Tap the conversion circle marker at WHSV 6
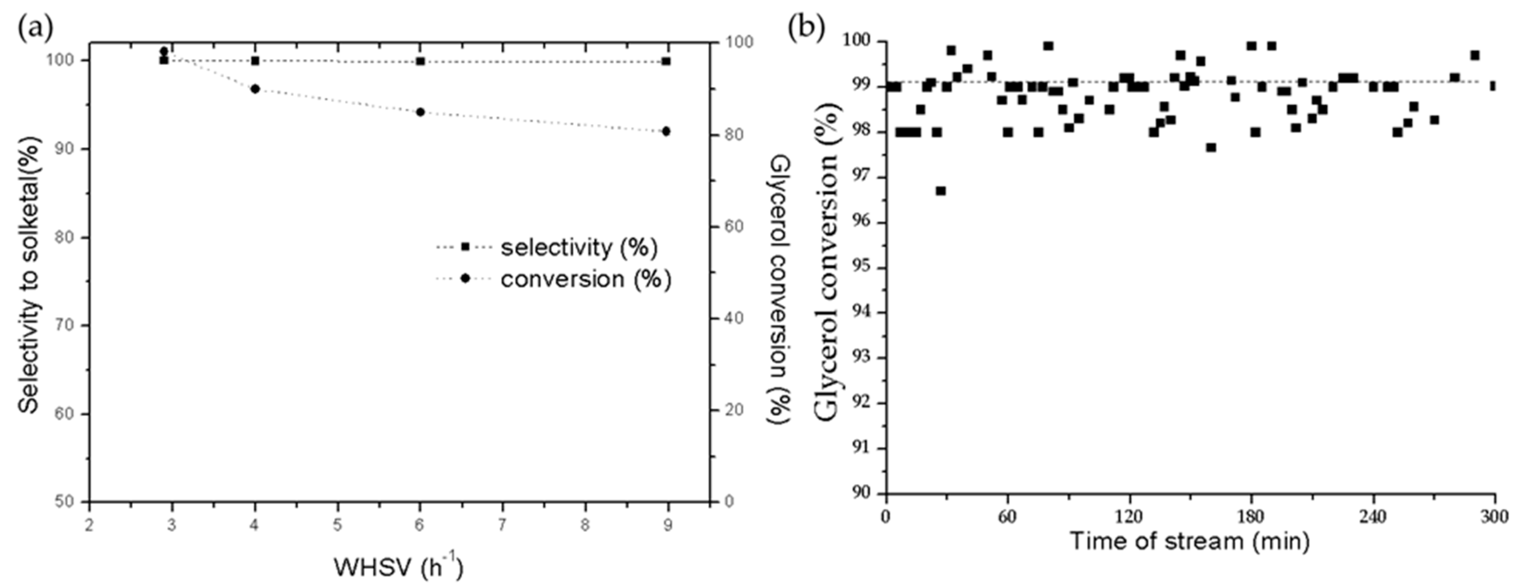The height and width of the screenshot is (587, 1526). pos(421,112)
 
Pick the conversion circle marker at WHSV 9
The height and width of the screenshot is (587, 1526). pos(666,131)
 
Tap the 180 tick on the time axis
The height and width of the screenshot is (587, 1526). pos(1251,516)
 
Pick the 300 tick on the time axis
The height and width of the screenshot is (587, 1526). pos(1495,516)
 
